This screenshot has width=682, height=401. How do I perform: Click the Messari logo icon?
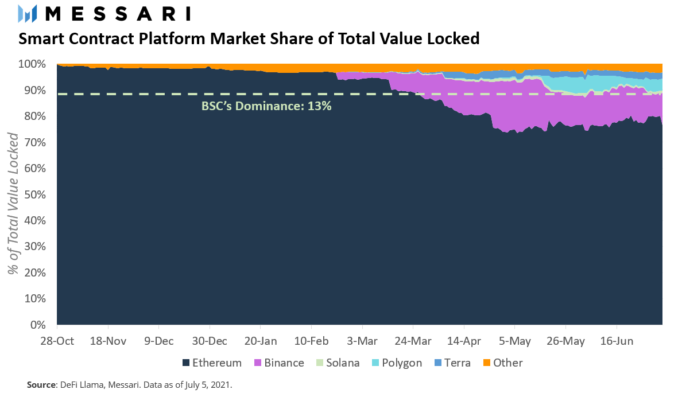pyautogui.click(x=28, y=14)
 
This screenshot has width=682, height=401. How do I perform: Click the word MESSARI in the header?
pyautogui.click(x=118, y=14)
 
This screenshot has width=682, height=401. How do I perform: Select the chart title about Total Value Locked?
pyautogui.click(x=249, y=39)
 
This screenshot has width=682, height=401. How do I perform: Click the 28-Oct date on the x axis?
pyautogui.click(x=58, y=341)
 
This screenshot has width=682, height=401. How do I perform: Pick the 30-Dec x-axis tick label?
pyautogui.click(x=210, y=341)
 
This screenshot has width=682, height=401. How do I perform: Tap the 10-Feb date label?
pyautogui.click(x=311, y=341)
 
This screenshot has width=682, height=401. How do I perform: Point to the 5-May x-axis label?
pyautogui.click(x=514, y=341)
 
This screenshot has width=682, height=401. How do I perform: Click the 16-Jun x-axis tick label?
pyautogui.click(x=616, y=341)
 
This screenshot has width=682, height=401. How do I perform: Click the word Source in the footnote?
pyautogui.click(x=40, y=385)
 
